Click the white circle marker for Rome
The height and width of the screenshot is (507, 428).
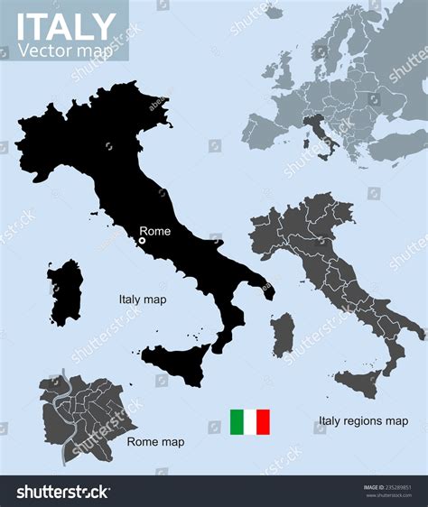(142, 241)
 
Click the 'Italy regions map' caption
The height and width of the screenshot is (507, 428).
(363, 420)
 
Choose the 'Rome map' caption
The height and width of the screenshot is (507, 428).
(155, 442)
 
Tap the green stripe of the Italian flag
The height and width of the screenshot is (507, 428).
(237, 422)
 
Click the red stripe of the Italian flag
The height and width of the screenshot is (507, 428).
(263, 422)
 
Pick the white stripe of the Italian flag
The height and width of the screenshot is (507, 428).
(250, 422)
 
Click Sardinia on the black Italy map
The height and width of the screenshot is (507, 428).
(65, 291)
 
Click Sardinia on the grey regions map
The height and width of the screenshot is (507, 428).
(282, 335)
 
